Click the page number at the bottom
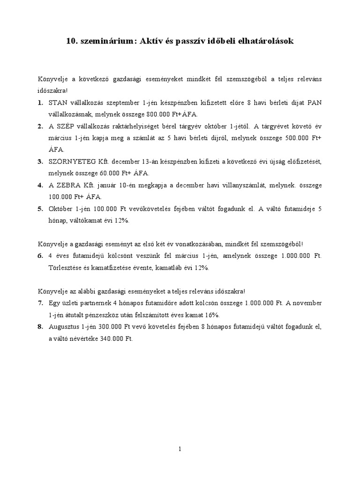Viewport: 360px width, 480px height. point(180,449)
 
